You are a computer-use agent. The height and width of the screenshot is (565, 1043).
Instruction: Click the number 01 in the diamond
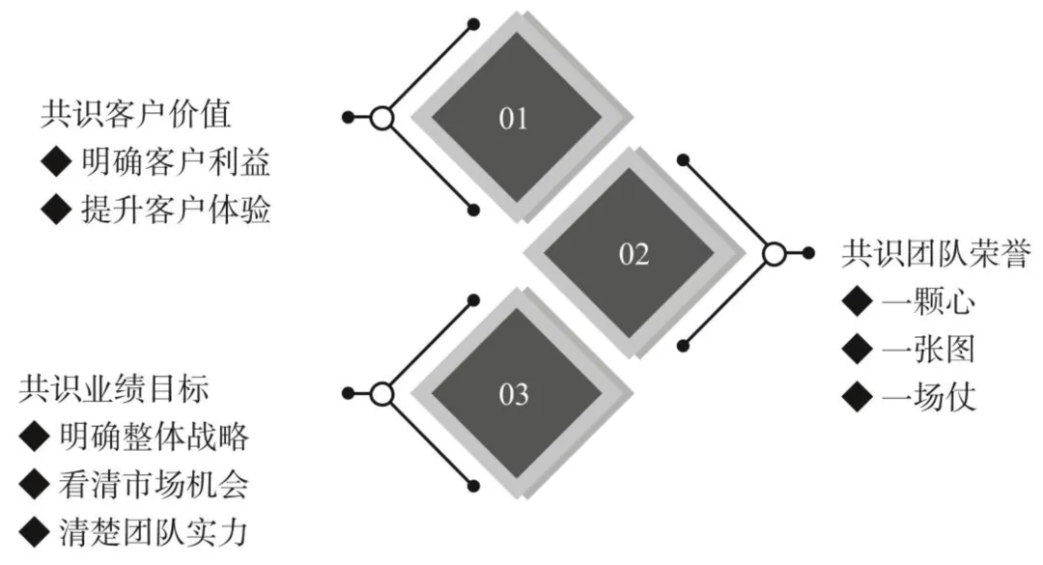[514, 119]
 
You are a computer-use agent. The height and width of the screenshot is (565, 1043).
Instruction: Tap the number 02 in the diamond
[634, 255]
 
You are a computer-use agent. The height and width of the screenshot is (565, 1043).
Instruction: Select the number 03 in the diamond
[514, 394]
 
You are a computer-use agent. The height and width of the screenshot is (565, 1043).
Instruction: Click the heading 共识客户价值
[135, 115]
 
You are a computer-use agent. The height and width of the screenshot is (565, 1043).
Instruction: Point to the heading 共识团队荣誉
[938, 253]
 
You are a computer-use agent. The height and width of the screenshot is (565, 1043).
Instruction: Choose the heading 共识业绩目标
[113, 389]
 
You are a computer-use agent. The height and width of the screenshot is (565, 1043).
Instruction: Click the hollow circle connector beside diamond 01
[382, 118]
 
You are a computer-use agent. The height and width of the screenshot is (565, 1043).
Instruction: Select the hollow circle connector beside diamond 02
[774, 253]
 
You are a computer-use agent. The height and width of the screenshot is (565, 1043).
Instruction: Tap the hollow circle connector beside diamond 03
[382, 393]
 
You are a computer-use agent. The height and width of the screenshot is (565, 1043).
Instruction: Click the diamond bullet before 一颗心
[856, 300]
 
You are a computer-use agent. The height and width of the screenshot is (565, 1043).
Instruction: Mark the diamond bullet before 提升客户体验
[57, 209]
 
